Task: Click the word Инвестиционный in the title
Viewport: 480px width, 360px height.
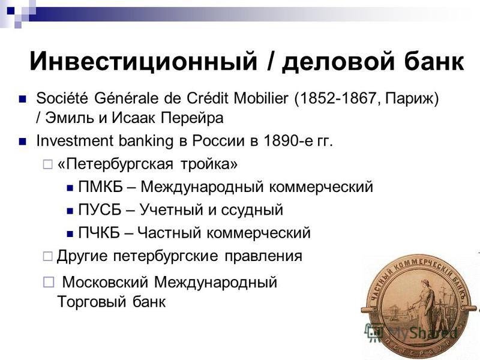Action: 143,61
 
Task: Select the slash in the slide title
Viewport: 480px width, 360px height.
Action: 269,61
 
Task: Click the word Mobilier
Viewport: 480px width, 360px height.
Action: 261,98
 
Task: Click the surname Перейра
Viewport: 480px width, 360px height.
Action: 192,118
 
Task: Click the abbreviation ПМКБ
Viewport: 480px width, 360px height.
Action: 100,187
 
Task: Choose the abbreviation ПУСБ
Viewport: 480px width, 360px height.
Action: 100,209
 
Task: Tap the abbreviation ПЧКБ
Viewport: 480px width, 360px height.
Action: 99,233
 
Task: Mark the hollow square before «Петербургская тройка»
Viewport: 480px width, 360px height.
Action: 47,164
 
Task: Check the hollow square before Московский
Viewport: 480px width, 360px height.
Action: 49,282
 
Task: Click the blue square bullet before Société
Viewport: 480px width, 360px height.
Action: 22,99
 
